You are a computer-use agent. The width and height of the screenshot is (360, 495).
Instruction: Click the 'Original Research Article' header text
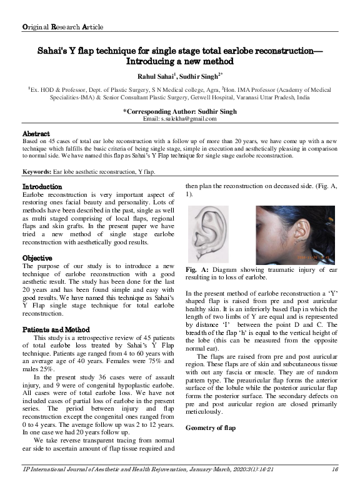62,27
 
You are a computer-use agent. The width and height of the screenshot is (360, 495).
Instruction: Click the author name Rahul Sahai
149,76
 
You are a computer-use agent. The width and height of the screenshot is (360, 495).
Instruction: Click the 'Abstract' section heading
36,134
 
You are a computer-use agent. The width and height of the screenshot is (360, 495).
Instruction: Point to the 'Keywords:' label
37,171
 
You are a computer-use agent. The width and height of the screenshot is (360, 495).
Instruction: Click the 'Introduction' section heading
42,187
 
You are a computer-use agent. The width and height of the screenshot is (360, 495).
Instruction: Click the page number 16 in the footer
335,486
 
